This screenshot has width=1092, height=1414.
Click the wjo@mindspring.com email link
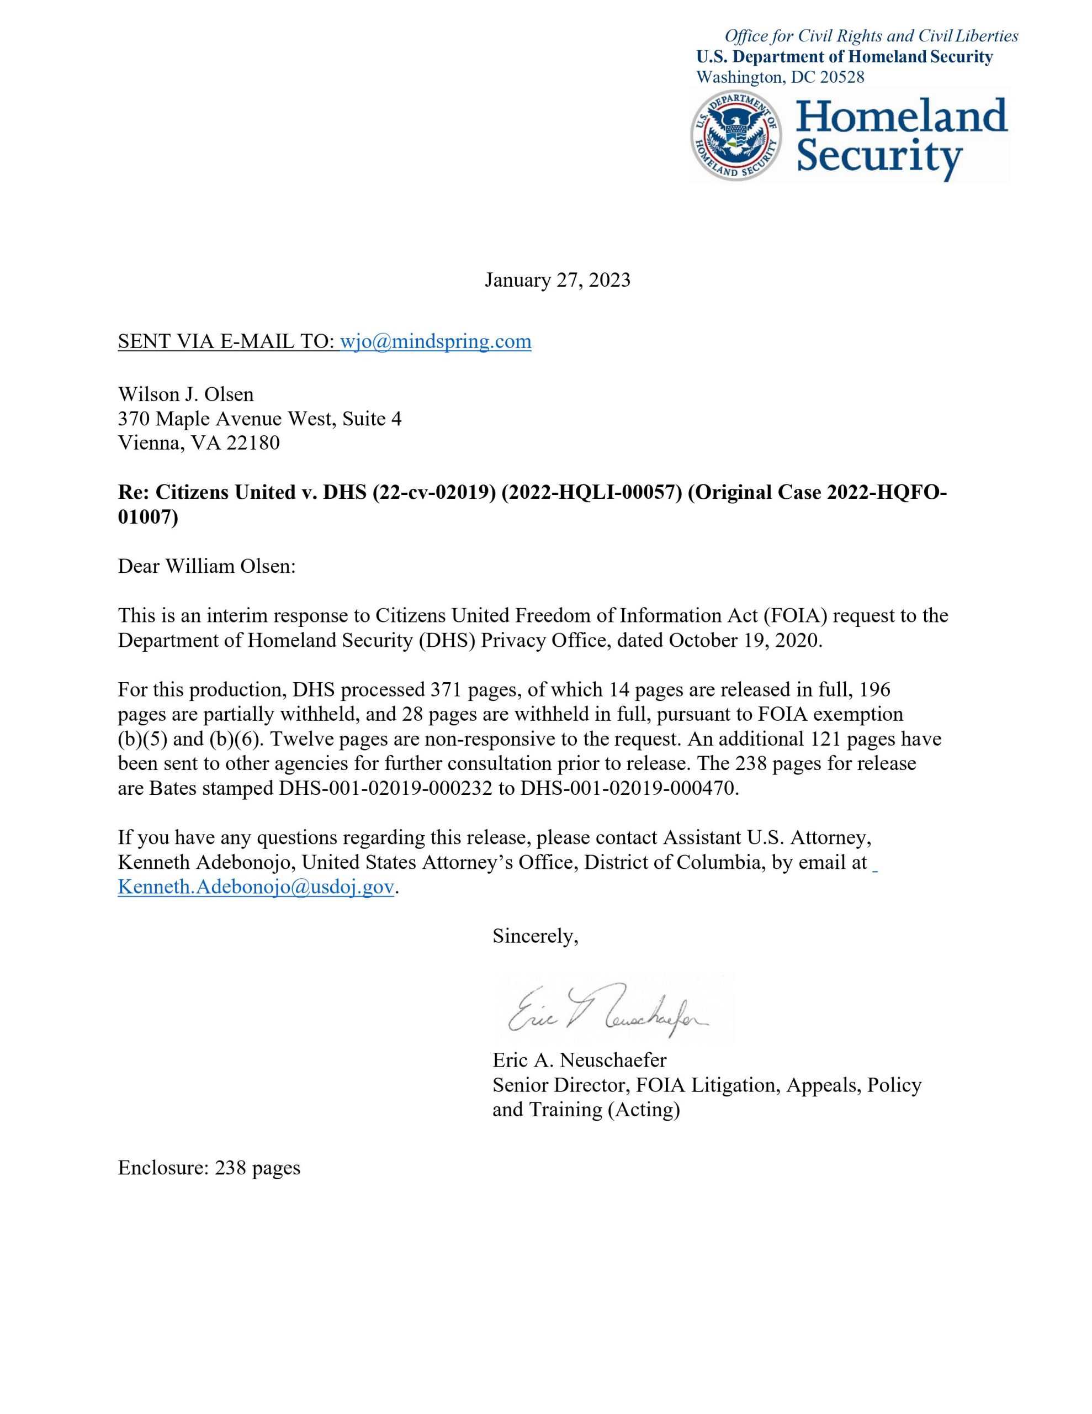click(x=436, y=341)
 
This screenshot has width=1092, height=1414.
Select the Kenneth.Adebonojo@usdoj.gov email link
click(x=256, y=887)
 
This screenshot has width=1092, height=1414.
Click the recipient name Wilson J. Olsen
click(x=186, y=394)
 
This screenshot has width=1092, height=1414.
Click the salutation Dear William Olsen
click(x=206, y=567)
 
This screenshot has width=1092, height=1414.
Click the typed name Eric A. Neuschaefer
click(x=579, y=1060)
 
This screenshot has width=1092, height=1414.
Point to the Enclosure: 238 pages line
click(x=209, y=1168)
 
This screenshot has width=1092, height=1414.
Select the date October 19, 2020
click(x=744, y=640)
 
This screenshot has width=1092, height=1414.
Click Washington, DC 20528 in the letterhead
click(x=780, y=77)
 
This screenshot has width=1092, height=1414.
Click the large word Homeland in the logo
click(x=902, y=117)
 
